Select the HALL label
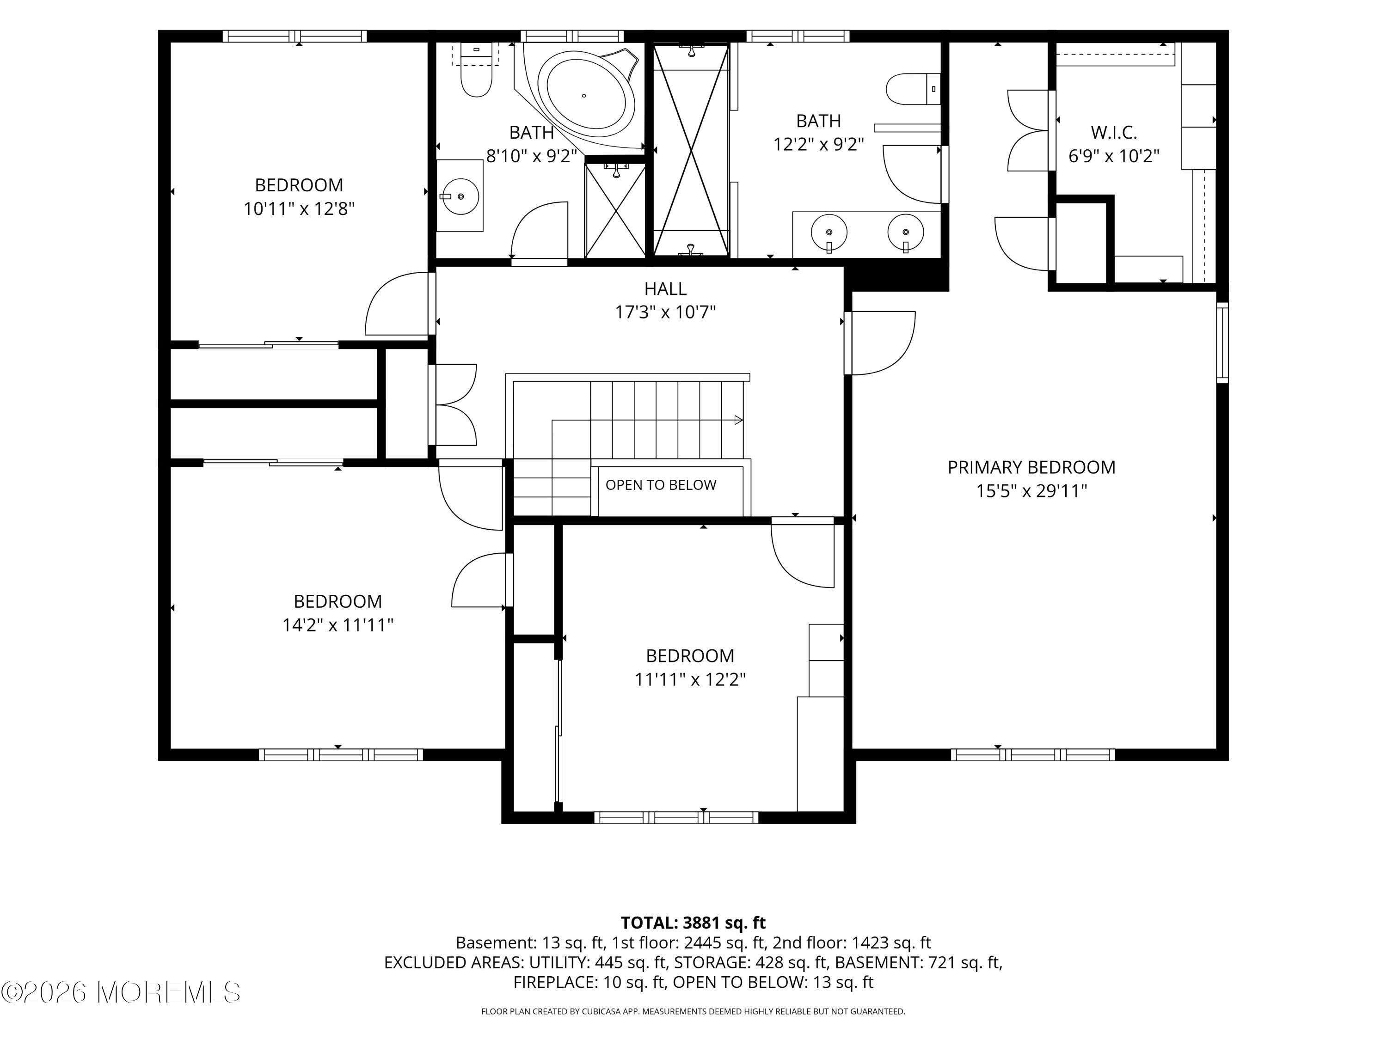pos(665,289)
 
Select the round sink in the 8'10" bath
pos(460,196)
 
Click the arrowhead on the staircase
pos(739,420)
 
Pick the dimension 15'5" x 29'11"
pos(1031,491)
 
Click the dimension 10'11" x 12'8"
pos(299,209)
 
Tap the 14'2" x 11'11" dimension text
pos(338,625)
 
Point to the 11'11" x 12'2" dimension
pos(690,679)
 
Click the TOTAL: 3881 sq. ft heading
pos(693,923)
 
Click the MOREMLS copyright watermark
pos(121,992)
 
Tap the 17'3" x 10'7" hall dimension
pos(665,312)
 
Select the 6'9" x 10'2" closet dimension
pos(1114,157)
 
